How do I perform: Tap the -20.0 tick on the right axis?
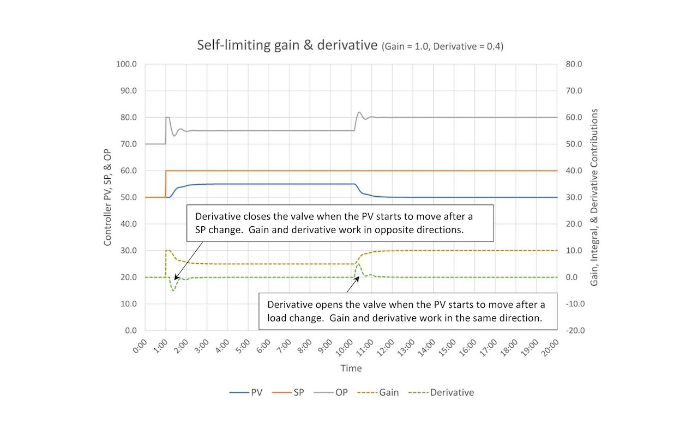pyautogui.click(x=576, y=330)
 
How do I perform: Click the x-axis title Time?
pyautogui.click(x=351, y=368)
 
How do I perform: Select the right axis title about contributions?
pyautogui.click(x=594, y=197)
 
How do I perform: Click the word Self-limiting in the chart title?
pyautogui.click(x=228, y=45)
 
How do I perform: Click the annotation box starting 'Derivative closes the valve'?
pyautogui.click(x=340, y=223)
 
